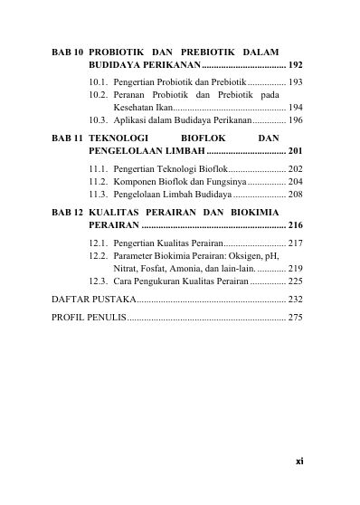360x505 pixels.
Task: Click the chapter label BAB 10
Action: point(67,52)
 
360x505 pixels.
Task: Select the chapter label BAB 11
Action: point(67,138)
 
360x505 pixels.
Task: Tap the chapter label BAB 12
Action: point(67,211)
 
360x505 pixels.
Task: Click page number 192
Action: point(295,66)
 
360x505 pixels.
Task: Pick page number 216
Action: point(295,224)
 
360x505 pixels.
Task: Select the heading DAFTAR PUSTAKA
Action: point(94,298)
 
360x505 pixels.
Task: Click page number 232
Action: point(295,298)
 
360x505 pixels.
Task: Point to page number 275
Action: point(295,317)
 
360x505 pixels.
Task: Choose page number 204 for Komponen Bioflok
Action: point(295,181)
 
